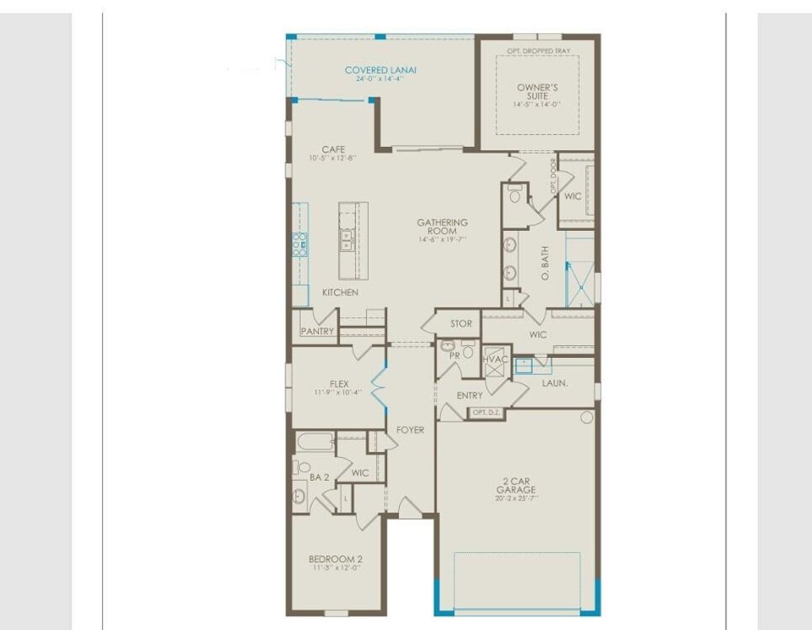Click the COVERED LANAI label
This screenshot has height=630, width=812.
[381, 70]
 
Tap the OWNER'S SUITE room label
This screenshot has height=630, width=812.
[537, 91]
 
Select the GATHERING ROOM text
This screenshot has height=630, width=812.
[442, 227]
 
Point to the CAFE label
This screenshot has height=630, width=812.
[332, 149]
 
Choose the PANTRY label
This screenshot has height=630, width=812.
[317, 331]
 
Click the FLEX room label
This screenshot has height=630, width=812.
[339, 384]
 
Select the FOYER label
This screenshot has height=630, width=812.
[410, 430]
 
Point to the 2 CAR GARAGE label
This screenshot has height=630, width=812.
[516, 485]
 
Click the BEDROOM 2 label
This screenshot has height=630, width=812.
[335, 559]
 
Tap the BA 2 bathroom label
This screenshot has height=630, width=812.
[319, 477]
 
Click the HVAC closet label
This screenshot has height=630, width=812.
[496, 359]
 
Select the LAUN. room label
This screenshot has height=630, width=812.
[553, 382]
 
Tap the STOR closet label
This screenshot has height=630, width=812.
[461, 324]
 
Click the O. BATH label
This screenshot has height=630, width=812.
[545, 263]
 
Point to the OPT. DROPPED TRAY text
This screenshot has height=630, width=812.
[538, 52]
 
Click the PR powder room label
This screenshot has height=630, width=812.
[454, 355]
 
